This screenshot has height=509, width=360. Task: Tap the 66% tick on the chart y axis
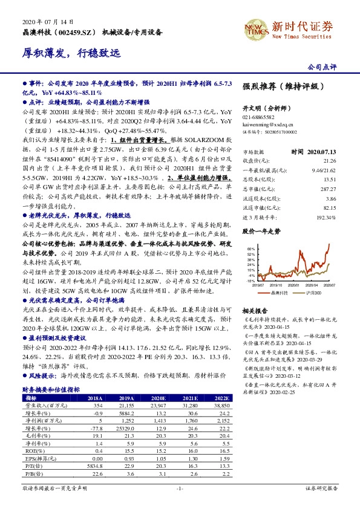(248, 248)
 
